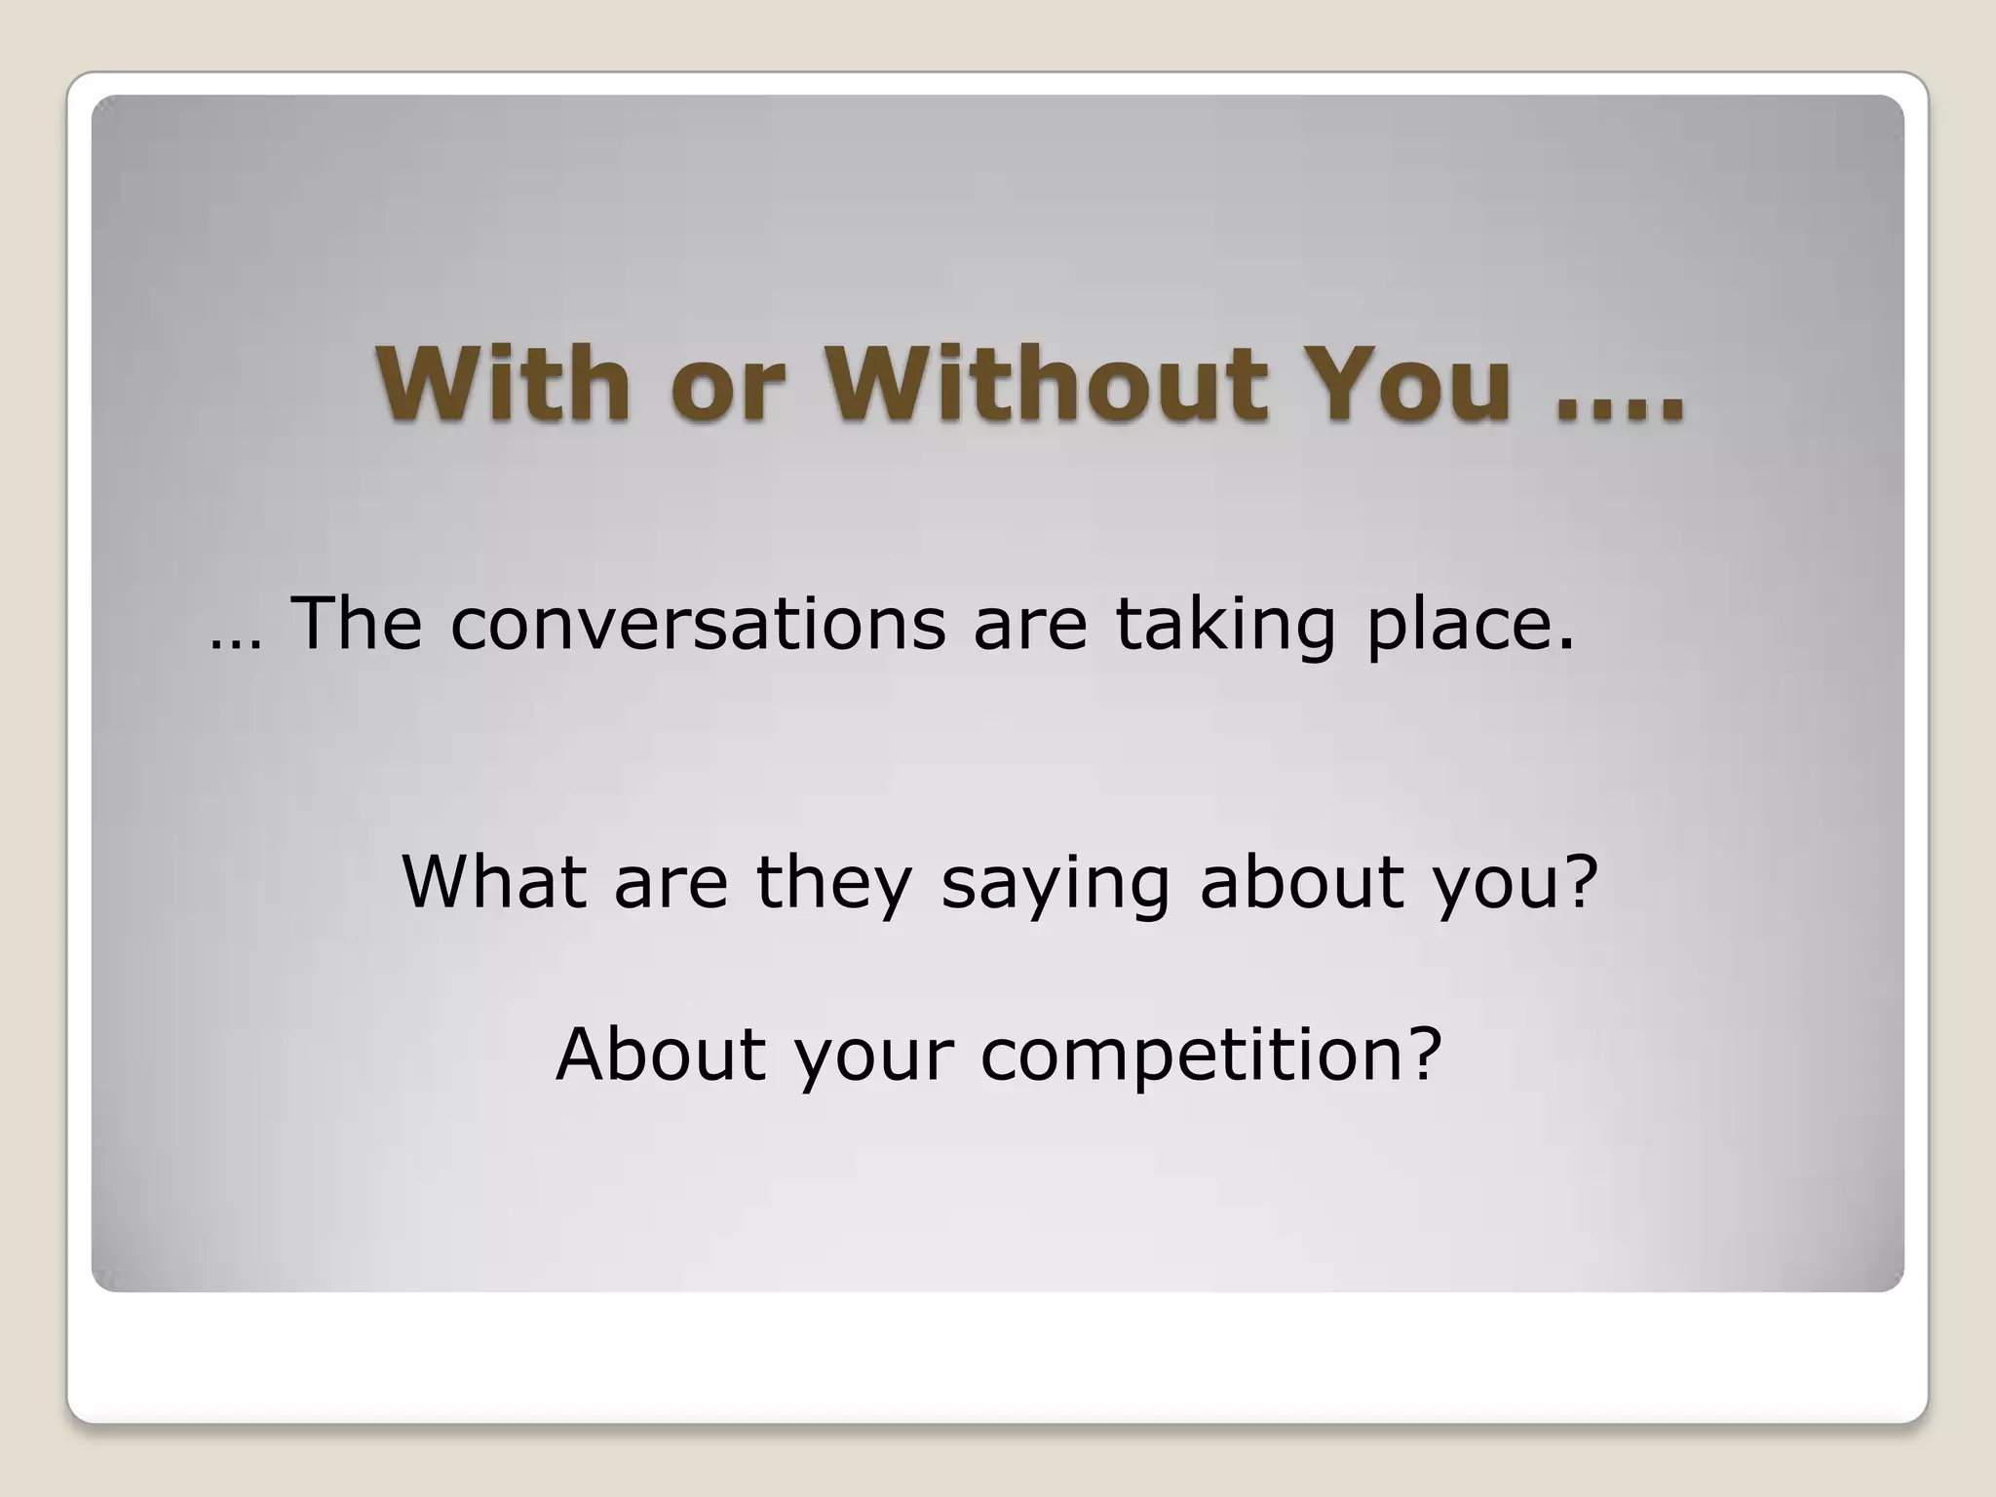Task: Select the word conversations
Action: coord(698,626)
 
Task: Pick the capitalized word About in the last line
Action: coord(661,1056)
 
